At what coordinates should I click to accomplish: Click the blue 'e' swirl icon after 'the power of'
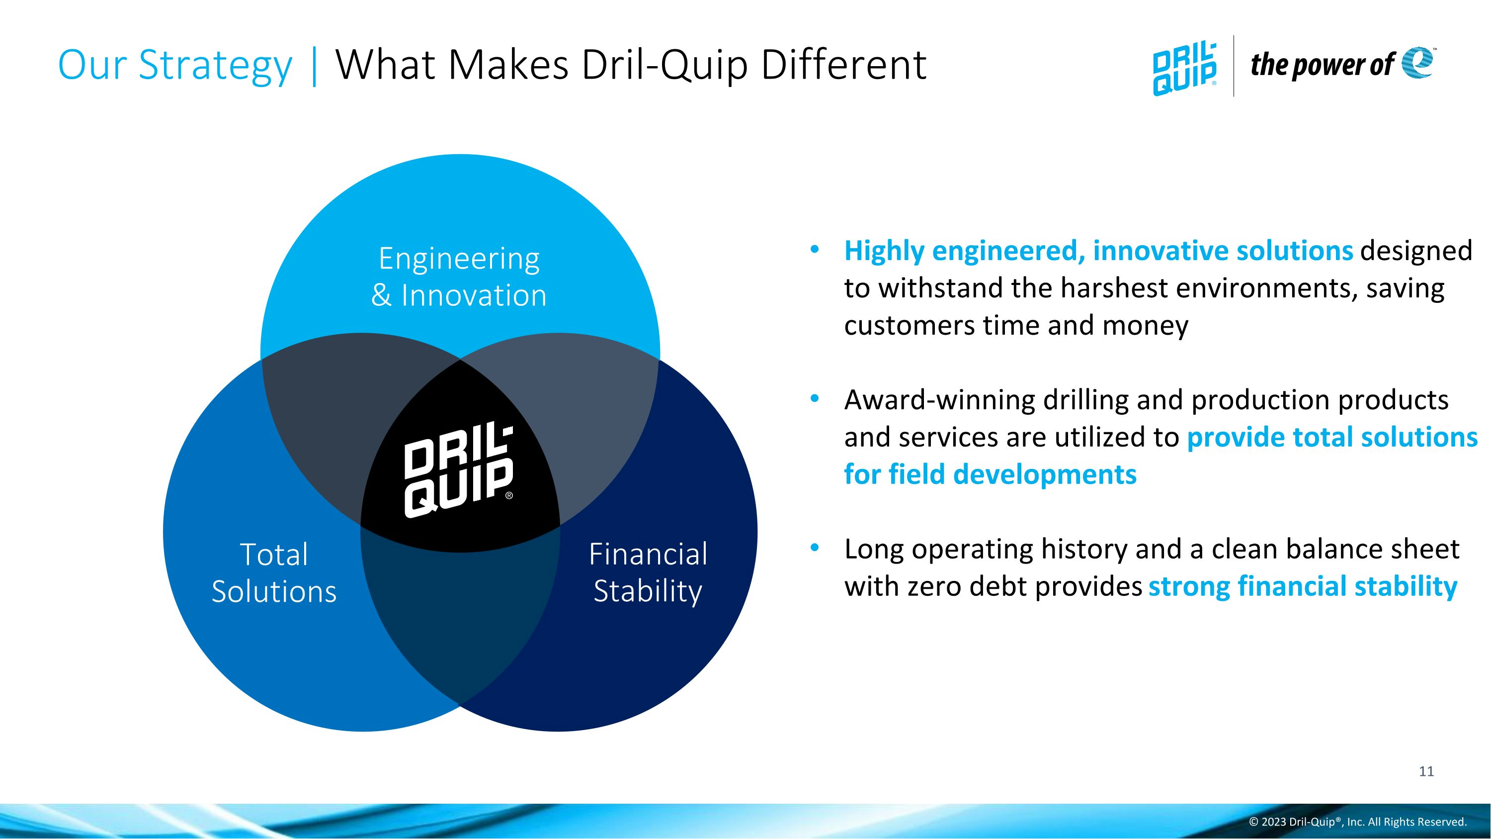point(1417,63)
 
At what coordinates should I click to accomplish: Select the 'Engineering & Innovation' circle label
point(459,277)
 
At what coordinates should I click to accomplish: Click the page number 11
point(1426,771)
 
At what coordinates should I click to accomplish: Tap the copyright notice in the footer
point(1358,822)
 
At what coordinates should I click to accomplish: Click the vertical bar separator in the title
point(314,66)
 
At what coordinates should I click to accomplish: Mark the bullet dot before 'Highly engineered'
point(815,250)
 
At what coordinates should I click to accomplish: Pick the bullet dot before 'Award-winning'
point(815,398)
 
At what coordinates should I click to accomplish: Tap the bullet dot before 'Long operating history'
point(815,547)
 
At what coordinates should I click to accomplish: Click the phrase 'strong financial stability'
point(1302,586)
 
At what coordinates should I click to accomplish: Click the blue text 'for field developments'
point(990,474)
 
